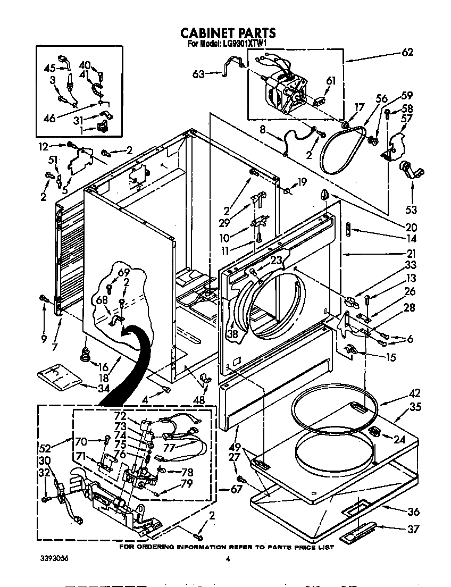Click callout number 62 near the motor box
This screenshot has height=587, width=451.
[x=407, y=52]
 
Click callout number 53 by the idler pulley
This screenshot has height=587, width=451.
[x=411, y=209]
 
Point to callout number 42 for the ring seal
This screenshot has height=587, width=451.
[x=415, y=393]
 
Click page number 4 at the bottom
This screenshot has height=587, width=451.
[x=227, y=559]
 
